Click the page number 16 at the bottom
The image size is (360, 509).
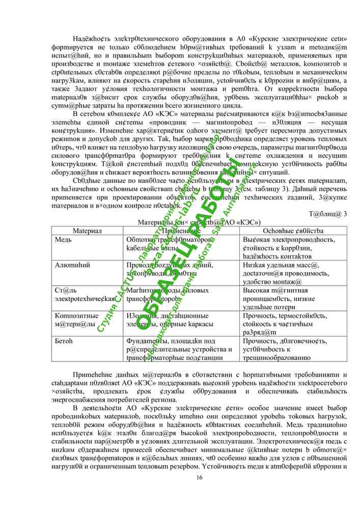point(199,477)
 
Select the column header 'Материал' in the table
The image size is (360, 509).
point(87,231)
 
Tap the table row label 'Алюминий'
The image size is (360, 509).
point(72,265)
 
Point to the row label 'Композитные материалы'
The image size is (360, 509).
point(76,320)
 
